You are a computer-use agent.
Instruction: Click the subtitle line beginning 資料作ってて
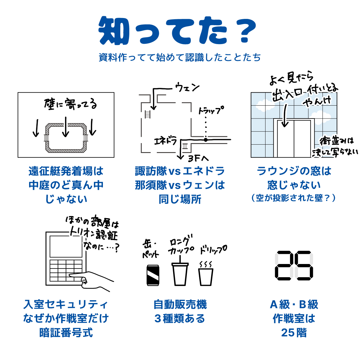coord(180,57)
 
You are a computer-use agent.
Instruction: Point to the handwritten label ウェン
coord(187,87)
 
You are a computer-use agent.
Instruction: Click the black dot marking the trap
coord(205,139)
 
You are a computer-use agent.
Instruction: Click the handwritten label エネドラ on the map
coord(166,141)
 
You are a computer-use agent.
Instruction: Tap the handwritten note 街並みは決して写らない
coord(335,147)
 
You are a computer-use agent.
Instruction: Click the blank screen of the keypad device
coord(66,247)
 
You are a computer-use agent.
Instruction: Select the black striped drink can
coord(153,275)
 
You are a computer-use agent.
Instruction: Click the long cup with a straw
coord(180,271)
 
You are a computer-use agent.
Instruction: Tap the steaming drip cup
coord(205,274)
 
